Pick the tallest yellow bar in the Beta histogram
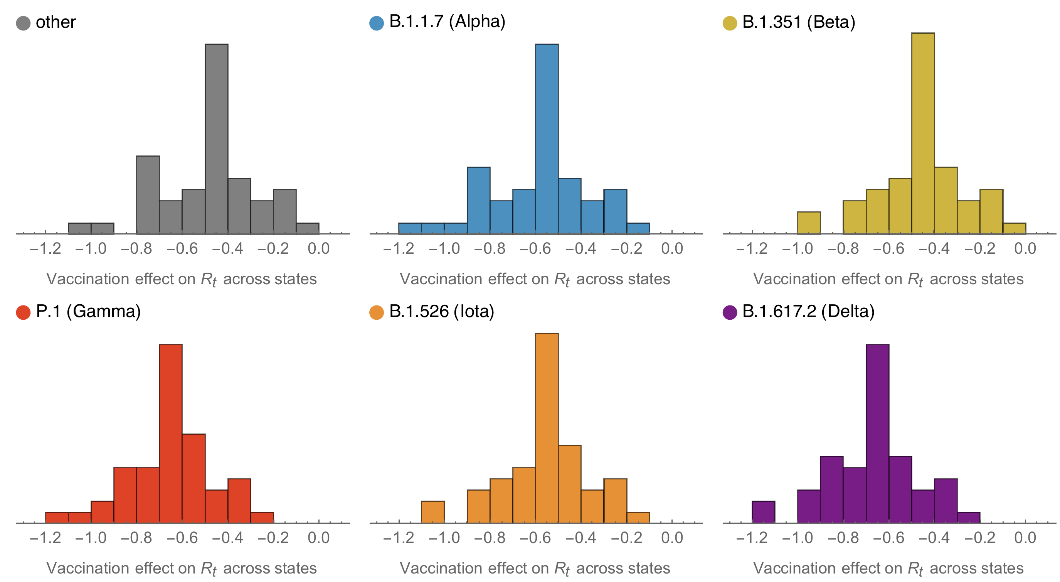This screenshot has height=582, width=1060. pyautogui.click(x=923, y=134)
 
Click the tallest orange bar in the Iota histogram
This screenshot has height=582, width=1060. pyautogui.click(x=547, y=428)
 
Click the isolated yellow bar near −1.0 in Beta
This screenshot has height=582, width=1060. pyautogui.click(x=809, y=223)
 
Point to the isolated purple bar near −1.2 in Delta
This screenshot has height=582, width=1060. pyautogui.click(x=763, y=512)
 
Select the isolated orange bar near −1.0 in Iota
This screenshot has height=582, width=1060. pyautogui.click(x=433, y=512)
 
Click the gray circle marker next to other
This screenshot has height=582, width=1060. pyautogui.click(x=23, y=23)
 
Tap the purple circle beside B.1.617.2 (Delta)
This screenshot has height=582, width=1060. pyautogui.click(x=730, y=312)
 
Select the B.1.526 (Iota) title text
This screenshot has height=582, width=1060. pyautogui.click(x=441, y=312)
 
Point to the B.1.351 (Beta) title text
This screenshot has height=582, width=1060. pyautogui.click(x=798, y=22)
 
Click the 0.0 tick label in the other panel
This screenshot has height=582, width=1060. pyautogui.click(x=318, y=249)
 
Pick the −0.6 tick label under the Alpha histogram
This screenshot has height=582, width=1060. pyautogui.click(x=535, y=249)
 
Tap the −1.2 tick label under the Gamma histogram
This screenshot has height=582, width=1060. pyautogui.click(x=45, y=538)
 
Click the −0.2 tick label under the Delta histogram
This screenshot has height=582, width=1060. pyautogui.click(x=980, y=538)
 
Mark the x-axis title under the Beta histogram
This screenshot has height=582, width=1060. pyautogui.click(x=888, y=280)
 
